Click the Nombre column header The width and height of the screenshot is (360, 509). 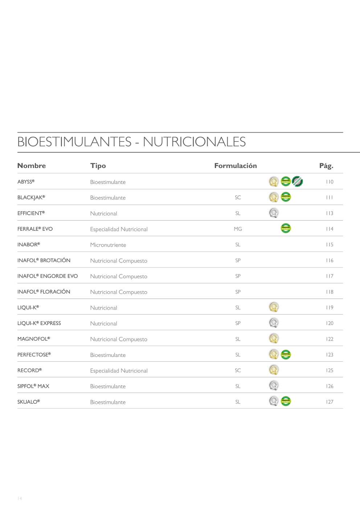32,166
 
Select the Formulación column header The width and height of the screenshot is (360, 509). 236,166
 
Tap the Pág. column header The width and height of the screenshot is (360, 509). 326,166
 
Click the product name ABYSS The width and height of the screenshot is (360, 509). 26,182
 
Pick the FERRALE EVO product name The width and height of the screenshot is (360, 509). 35,229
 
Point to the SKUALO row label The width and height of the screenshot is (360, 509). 28,402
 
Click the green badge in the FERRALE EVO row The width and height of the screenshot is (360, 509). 286,228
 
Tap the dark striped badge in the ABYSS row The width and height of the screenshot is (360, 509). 298,181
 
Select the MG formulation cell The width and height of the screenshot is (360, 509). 238,229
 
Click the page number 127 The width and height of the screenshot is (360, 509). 330,402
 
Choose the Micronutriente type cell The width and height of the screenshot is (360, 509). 108,245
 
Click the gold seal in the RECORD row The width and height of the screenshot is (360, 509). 274,370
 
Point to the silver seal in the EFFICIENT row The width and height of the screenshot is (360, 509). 274,213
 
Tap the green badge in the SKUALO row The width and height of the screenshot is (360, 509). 286,401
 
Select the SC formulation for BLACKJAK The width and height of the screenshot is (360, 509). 238,198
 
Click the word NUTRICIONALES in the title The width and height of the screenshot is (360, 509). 194,142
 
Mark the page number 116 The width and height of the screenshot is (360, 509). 330,260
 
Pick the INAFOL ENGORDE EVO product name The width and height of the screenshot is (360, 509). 48,276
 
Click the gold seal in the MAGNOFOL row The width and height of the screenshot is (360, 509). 274,338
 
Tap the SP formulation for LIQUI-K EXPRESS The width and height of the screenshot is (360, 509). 238,323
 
